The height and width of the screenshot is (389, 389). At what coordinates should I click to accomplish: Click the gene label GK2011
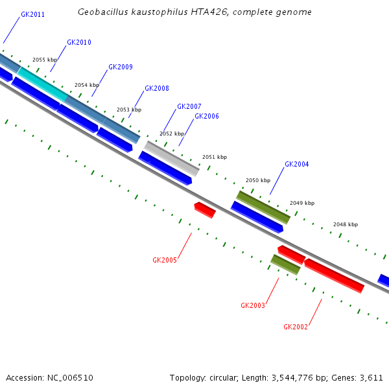[x=32, y=14]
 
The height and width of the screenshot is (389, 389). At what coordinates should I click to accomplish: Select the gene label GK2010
[x=79, y=43]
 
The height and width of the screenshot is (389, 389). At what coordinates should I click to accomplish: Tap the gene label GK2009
[x=121, y=67]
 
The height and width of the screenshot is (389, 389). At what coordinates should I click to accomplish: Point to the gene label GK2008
[x=157, y=89]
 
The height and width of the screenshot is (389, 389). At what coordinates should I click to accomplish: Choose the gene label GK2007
[x=189, y=107]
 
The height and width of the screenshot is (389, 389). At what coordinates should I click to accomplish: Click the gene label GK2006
[x=207, y=117]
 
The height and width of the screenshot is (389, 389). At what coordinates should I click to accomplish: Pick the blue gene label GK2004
[x=297, y=165]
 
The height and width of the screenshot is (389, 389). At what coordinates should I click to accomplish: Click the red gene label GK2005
[x=165, y=261]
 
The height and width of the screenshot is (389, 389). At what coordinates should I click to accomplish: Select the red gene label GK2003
[x=253, y=305]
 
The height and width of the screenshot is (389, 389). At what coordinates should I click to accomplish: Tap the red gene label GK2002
[x=296, y=327]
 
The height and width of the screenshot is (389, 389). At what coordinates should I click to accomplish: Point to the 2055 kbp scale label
[x=45, y=60]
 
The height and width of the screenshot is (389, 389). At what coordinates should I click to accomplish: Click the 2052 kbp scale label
[x=172, y=134]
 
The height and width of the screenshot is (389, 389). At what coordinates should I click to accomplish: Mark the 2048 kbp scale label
[x=346, y=225]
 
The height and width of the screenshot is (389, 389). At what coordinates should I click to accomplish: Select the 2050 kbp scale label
[x=257, y=180]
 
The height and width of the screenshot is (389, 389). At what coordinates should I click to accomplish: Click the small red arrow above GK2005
[x=204, y=209]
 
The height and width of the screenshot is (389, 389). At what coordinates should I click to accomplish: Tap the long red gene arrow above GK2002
[x=334, y=276]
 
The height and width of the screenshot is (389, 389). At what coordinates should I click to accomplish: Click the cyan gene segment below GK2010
[x=42, y=84]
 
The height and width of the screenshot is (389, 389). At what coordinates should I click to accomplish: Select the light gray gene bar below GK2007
[x=171, y=158]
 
